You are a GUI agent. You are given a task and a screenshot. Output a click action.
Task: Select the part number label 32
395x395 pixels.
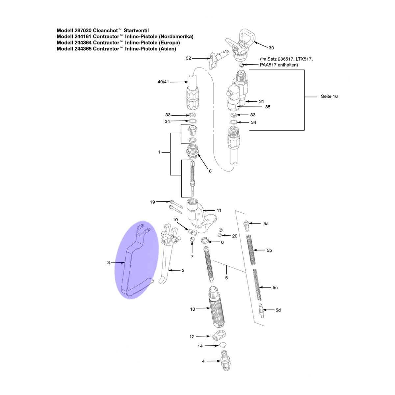tap(188, 58)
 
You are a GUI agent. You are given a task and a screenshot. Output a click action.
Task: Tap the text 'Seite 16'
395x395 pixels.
tap(329, 96)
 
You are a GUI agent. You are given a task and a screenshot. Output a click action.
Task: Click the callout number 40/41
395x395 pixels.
tap(163, 82)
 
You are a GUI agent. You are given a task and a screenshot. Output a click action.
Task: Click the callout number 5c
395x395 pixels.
tap(275, 288)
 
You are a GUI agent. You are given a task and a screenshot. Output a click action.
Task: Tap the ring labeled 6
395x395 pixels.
tap(204, 240)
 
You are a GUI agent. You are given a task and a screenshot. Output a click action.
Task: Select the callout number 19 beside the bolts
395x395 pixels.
tap(152, 202)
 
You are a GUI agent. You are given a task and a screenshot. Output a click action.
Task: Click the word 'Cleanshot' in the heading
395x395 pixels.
tap(105, 30)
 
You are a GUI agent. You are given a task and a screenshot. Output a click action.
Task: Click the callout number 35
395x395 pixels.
tap(268, 107)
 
